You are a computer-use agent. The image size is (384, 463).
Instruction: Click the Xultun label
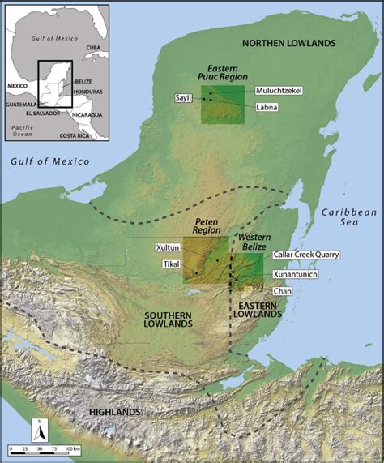(167, 246)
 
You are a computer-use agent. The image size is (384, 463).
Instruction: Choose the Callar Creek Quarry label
(306, 254)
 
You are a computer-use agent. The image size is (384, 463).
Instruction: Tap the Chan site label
(283, 290)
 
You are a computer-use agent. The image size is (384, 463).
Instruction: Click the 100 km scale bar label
(73, 448)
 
